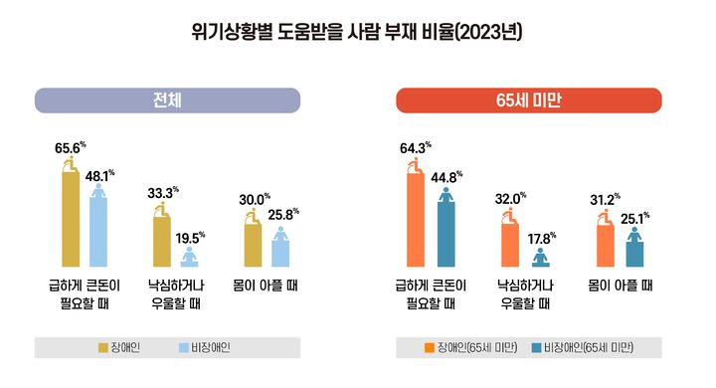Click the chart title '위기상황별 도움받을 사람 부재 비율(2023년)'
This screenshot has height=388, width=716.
[x=357, y=32]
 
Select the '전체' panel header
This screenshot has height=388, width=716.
[x=167, y=100]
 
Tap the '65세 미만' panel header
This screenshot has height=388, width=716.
[x=528, y=100]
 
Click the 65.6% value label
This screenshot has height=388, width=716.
[x=69, y=149]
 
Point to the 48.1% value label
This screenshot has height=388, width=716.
[x=99, y=177]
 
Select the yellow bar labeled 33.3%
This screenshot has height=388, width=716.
[x=160, y=240]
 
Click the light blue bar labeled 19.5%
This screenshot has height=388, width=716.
[x=189, y=259]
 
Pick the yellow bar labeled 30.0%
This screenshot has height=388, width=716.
[x=252, y=244]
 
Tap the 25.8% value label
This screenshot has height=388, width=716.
[x=281, y=214]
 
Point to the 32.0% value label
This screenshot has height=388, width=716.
[x=511, y=199]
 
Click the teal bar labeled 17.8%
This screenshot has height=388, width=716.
[x=540, y=261]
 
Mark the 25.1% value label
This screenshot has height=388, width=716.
[x=633, y=216]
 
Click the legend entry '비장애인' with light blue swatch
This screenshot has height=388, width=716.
[x=206, y=347]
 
